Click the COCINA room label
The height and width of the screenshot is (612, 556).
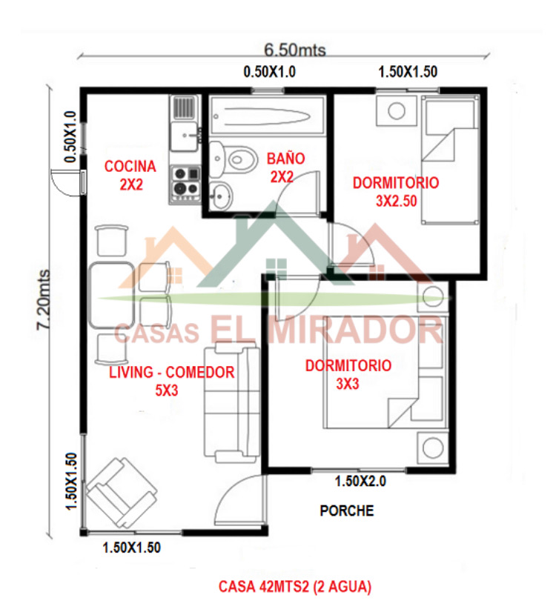(130, 166)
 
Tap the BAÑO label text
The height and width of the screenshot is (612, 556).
(286, 159)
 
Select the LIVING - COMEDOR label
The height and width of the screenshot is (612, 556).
(171, 373)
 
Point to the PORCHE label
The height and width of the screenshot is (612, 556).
(347, 510)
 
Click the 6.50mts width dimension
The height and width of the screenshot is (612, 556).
(295, 50)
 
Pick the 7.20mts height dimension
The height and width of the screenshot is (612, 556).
(43, 300)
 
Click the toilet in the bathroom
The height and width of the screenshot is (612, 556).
(234, 159)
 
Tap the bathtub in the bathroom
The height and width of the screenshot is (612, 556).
(267, 115)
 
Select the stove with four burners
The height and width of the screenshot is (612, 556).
(185, 184)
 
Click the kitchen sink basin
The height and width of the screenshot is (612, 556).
(184, 136)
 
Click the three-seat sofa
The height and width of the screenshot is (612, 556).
(231, 402)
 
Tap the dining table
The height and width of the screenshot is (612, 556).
(112, 296)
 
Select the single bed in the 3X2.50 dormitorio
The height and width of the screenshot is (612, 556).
(450, 160)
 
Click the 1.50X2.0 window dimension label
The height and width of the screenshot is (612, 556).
(360, 482)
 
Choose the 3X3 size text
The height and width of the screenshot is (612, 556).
(348, 384)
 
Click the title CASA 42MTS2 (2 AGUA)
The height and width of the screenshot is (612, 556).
(295, 587)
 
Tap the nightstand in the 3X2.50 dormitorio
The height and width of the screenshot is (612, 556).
(396, 110)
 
